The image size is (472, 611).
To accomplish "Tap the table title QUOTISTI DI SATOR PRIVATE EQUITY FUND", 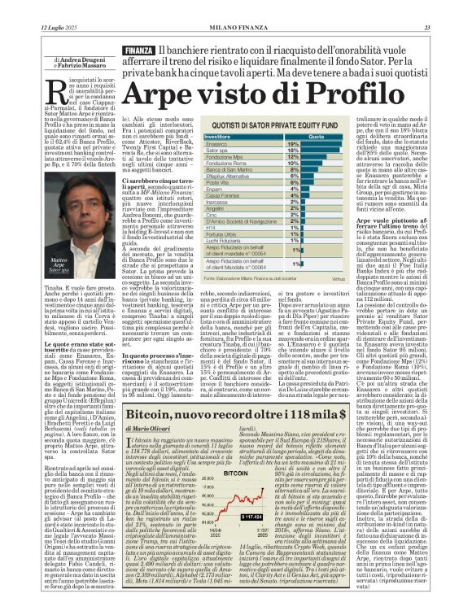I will coord(282,127).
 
